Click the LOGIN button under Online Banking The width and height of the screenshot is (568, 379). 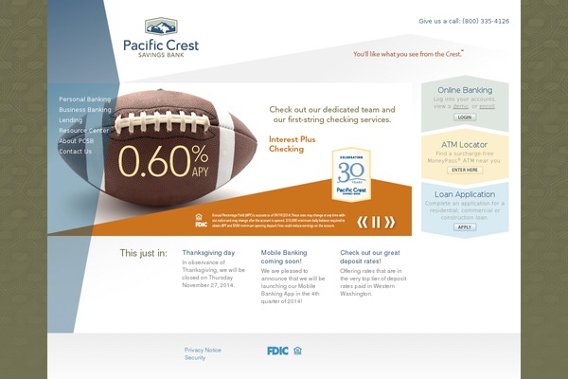click(x=465, y=117)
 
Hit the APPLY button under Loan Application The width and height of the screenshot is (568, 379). click(x=465, y=227)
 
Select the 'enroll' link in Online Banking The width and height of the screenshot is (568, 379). click(x=487, y=107)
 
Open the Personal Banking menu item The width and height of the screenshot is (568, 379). click(x=85, y=99)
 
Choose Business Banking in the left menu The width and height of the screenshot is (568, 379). click(x=85, y=110)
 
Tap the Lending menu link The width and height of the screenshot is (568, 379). click(x=71, y=120)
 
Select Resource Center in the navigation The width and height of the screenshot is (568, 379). click(x=83, y=131)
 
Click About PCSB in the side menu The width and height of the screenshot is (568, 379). click(x=76, y=141)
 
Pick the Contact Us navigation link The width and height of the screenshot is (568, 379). click(x=76, y=152)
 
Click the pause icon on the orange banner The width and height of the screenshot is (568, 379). click(x=376, y=223)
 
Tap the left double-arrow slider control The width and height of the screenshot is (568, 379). click(x=362, y=223)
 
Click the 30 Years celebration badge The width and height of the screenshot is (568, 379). click(x=351, y=174)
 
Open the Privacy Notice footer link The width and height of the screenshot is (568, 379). click(x=203, y=350)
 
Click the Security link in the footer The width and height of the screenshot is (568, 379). click(x=195, y=358)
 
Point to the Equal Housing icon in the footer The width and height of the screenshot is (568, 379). click(x=297, y=351)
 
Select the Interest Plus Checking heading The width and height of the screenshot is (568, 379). click(x=287, y=144)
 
